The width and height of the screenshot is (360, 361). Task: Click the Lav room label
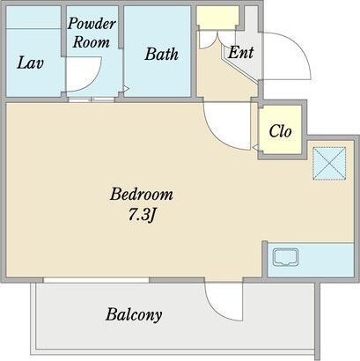click(30, 63)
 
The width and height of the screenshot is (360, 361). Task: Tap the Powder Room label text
click(92, 33)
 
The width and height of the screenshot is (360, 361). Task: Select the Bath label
click(161, 55)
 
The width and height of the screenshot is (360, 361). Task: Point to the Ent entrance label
click(240, 53)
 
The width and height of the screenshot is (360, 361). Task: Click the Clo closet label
click(280, 131)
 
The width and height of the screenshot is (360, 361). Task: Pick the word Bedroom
click(142, 195)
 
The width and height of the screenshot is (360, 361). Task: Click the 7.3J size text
click(141, 216)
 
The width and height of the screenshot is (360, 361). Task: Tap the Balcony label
click(134, 314)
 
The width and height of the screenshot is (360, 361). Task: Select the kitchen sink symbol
click(285, 257)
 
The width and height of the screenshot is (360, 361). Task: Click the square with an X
click(329, 163)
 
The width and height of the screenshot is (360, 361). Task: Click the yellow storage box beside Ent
click(217, 18)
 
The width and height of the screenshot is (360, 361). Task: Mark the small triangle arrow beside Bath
click(127, 89)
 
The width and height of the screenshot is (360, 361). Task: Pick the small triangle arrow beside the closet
click(255, 147)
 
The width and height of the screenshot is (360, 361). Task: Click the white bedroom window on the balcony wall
click(97, 280)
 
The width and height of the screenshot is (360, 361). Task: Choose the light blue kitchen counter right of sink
click(327, 260)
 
